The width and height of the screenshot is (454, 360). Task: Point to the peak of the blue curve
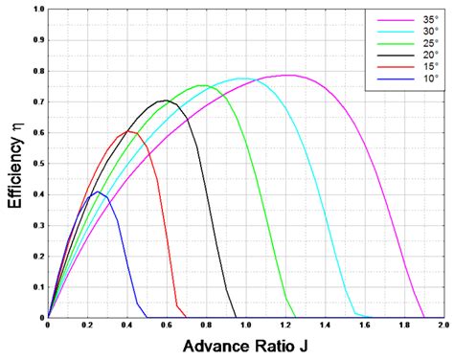pos(97,191)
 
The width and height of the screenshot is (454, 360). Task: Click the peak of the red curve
pos(128,131)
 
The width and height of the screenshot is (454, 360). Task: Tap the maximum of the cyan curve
pos(241,79)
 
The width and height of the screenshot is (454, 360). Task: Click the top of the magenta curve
pos(286,75)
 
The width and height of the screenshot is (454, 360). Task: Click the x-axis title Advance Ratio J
pos(243,345)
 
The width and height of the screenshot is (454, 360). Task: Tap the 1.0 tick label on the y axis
pos(37,10)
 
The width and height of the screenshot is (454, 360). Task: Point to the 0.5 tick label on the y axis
pos(37,163)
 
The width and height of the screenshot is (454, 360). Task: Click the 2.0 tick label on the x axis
pos(443,326)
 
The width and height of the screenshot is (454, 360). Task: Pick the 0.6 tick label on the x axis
pos(167,326)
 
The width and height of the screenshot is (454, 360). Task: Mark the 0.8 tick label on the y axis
pos(37,71)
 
